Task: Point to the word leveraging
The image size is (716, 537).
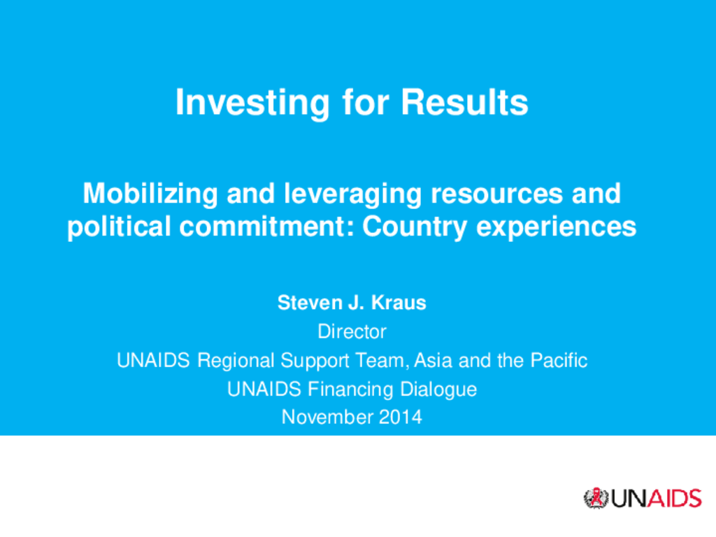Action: tap(352, 194)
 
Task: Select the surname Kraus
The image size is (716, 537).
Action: tap(399, 303)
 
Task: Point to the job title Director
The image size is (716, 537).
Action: tap(352, 331)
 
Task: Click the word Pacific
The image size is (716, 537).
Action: tap(559, 361)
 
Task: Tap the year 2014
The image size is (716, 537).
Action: tap(401, 417)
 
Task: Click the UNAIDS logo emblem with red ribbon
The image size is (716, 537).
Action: tap(594, 498)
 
